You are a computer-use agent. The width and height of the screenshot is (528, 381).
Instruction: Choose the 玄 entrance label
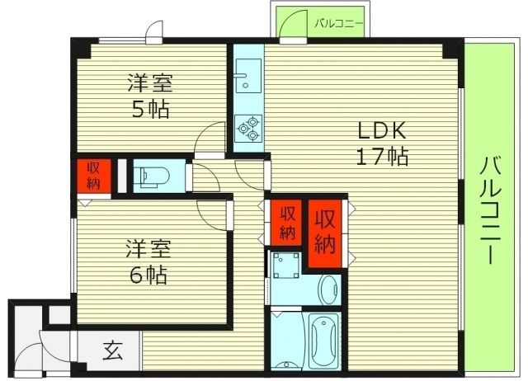pyautogui.click(x=112, y=350)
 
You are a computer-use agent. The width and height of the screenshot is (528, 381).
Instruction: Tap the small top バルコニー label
pyautogui.click(x=337, y=23)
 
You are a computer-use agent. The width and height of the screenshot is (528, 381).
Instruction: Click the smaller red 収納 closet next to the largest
pyautogui.click(x=286, y=220)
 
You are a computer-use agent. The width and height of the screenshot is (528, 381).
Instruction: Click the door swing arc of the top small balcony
pyautogui.click(x=290, y=27)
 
